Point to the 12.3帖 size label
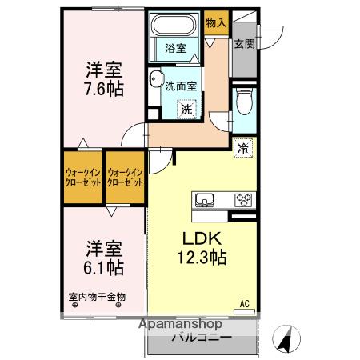[202, 258]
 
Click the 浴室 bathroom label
[176, 49]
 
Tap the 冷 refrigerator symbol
[243, 147]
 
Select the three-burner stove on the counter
[242, 199]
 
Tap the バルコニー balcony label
[202, 338]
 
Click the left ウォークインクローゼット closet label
[82, 176]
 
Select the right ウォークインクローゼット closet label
[126, 176]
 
